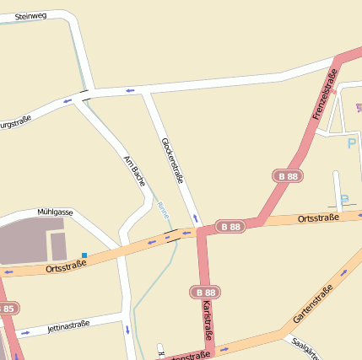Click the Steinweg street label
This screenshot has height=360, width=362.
pyautogui.click(x=31, y=15)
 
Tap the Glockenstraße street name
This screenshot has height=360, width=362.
pyautogui.click(x=171, y=161)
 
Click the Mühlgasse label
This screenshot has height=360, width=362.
pyautogui.click(x=55, y=212)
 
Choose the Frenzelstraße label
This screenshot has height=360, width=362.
pyautogui.click(x=325, y=94)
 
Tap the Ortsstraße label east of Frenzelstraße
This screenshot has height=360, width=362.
pyautogui.click(x=319, y=218)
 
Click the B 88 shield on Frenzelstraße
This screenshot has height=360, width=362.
pyautogui.click(x=288, y=176)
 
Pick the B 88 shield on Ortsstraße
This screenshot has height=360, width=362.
pyautogui.click(x=230, y=226)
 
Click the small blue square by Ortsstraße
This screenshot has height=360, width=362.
pyautogui.click(x=84, y=255)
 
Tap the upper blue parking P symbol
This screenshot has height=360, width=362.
pyautogui.click(x=352, y=143)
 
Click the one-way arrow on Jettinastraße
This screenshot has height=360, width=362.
pyautogui.click(x=25, y=332)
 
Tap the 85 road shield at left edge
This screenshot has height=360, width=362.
pyautogui.click(x=7, y=309)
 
